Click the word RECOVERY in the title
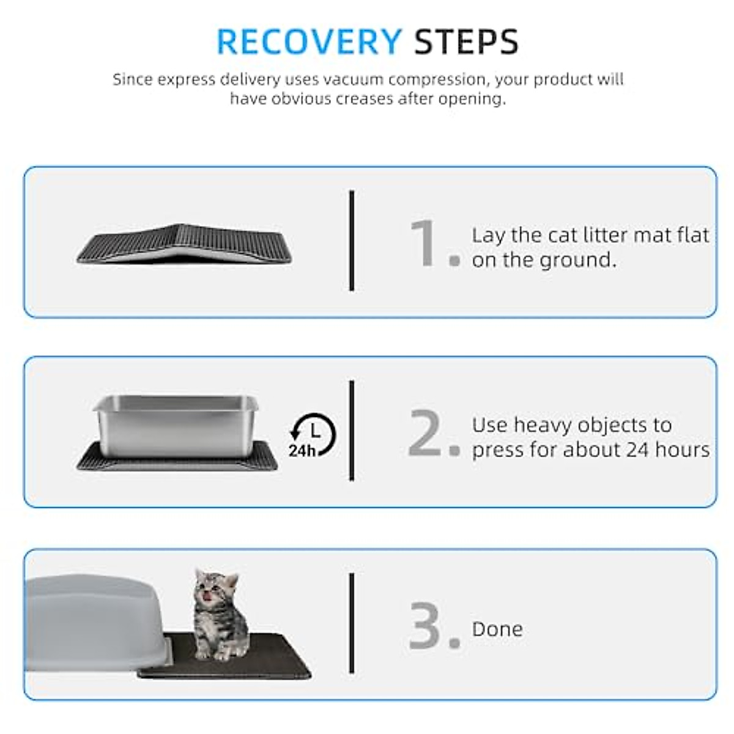click(x=309, y=42)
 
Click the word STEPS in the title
click(x=466, y=42)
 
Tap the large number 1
click(x=424, y=243)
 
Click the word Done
click(x=497, y=629)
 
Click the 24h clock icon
click(x=313, y=436)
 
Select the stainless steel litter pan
click(x=176, y=423)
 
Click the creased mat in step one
click(x=183, y=245)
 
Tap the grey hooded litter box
click(x=98, y=621)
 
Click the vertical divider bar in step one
click(x=352, y=240)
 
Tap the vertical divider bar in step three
click(x=352, y=623)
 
